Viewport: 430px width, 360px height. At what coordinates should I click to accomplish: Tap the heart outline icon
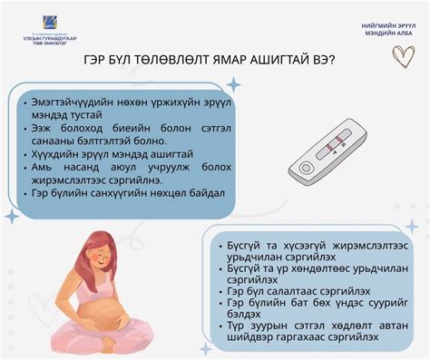click(x=403, y=56)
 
